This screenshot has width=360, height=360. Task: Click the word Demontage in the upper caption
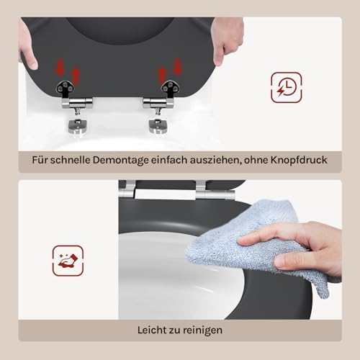pos(121,161)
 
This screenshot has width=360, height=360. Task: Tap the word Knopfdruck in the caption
pos(299,160)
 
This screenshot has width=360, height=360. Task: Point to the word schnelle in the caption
pos(71,160)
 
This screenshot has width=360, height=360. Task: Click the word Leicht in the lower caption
pos(152,330)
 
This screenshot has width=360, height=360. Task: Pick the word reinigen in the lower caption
pos(201,330)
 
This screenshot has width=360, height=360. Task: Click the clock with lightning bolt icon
pos(287,87)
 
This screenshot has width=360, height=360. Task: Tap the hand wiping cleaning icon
pos(68,261)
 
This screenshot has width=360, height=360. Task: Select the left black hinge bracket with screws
pos(65,89)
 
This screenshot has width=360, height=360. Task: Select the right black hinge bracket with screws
pos(170,88)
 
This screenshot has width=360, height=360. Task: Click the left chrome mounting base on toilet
pos(77,127)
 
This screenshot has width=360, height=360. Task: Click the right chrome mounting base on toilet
pos(158,127)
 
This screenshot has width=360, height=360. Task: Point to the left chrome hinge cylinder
pos(77,103)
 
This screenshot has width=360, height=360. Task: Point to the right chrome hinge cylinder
pos(158,103)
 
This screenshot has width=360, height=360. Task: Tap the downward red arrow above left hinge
pos(60,66)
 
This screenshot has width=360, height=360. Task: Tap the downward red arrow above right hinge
pos(178,66)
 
